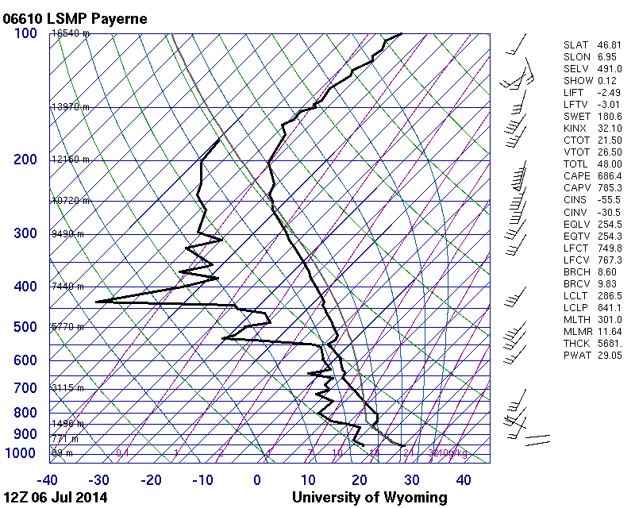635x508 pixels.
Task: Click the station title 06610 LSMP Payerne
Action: click(x=75, y=18)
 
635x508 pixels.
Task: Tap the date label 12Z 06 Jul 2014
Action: click(x=55, y=498)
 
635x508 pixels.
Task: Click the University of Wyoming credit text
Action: click(x=369, y=498)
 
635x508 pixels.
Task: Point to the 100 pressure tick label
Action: click(x=25, y=33)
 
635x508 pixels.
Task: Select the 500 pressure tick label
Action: click(x=25, y=327)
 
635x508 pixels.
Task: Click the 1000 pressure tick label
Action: click(x=22, y=453)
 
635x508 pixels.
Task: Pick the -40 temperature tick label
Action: click(x=48, y=479)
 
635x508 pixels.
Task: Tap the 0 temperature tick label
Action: click(x=257, y=479)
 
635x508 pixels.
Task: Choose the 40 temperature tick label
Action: click(x=464, y=479)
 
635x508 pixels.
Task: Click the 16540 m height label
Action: click(x=71, y=33)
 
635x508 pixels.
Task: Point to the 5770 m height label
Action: click(x=67, y=326)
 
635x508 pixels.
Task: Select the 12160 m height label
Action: click(x=71, y=160)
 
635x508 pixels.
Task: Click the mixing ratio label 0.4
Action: click(x=123, y=452)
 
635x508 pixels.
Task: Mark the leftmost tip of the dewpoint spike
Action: click(x=96, y=302)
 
